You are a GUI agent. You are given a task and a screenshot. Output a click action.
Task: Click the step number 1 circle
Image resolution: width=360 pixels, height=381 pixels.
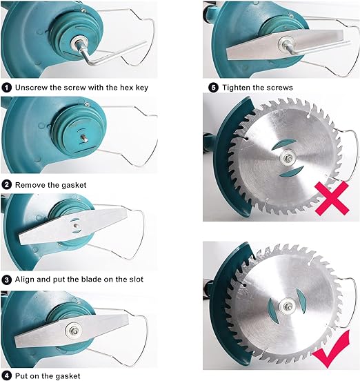[x=7, y=87]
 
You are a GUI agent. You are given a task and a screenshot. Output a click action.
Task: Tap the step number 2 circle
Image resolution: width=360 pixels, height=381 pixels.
[x=7, y=185]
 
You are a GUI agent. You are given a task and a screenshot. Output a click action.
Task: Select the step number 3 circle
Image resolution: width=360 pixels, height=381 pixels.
[x=7, y=280]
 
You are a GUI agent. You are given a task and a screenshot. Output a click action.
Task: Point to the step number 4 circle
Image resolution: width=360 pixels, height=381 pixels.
[x=7, y=376]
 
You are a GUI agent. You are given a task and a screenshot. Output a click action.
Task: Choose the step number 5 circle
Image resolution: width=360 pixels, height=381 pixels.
[x=213, y=87]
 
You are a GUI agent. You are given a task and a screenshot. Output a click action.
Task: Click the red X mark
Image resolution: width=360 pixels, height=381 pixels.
[x=332, y=198]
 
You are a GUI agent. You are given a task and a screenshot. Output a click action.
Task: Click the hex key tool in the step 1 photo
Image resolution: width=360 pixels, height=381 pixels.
[x=103, y=53]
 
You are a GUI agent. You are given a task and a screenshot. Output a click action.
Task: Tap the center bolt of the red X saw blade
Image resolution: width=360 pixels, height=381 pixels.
[x=289, y=158]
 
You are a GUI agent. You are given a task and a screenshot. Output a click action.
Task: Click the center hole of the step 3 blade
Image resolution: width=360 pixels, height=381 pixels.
[x=77, y=226]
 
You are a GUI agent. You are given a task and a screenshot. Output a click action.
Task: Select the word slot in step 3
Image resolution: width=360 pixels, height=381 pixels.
[x=135, y=280]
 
